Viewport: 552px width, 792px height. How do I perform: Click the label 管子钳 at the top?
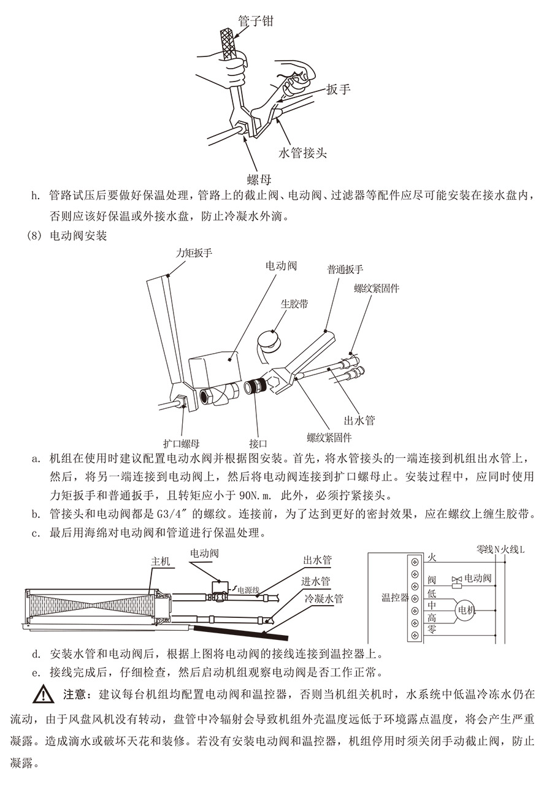coord(255,21)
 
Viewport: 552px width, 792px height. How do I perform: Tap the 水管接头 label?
coord(302,153)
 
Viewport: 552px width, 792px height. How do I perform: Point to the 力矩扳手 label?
coord(194,253)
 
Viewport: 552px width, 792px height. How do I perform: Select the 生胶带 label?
coord(294,303)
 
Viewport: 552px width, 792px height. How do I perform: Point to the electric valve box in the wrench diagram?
coord(212,371)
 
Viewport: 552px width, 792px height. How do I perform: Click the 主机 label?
coord(161,561)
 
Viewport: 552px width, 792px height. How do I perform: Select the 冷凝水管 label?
coord(324,598)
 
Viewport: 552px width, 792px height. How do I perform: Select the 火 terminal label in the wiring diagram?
coord(432,558)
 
